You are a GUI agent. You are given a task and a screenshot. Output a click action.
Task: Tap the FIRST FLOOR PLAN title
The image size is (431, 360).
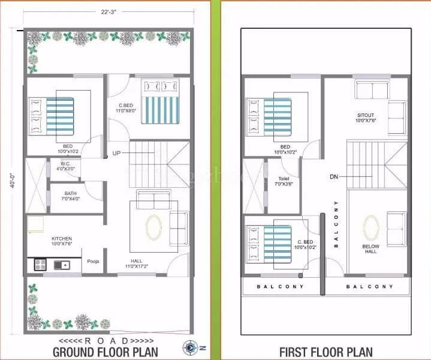pos(325,352)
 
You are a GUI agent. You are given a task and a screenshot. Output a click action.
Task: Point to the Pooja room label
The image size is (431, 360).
pos(93,262)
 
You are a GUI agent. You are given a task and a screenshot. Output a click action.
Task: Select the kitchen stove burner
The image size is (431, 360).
pos(40,264)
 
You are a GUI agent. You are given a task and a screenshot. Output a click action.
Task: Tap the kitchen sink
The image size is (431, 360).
pos(62,265)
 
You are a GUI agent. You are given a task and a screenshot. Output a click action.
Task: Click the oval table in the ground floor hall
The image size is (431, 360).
pos(153,227)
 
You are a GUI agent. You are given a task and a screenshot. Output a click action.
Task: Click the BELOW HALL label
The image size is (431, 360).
pos(370,250)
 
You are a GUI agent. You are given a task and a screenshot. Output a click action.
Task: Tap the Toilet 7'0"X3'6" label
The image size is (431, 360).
pos(285,182)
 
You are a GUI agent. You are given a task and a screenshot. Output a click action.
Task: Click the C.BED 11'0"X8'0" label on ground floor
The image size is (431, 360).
pos(126,107)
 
